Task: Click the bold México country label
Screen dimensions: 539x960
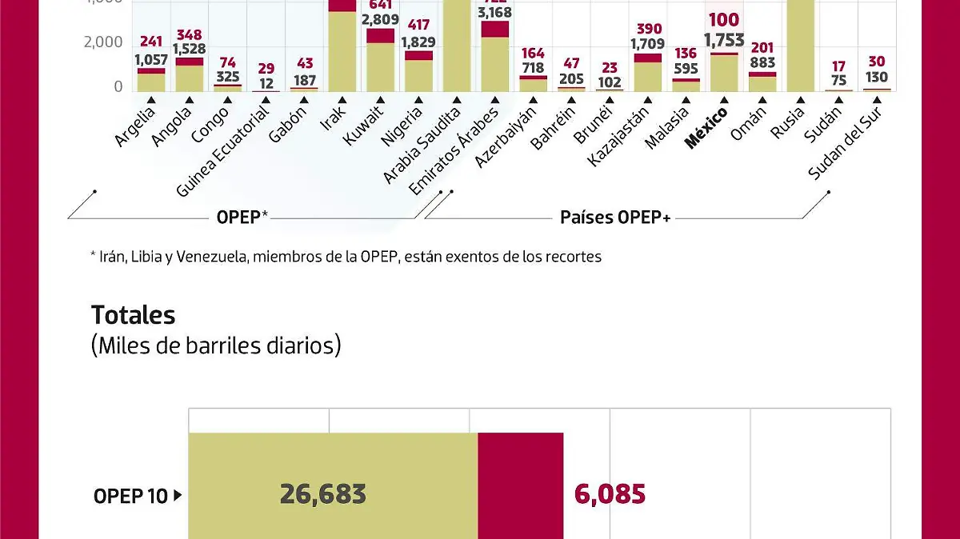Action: [706, 128]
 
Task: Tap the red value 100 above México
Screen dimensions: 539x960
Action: [724, 20]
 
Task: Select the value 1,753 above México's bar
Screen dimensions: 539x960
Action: [724, 40]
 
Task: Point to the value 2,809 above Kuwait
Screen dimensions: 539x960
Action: [381, 19]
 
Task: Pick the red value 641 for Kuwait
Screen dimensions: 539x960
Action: [381, 4]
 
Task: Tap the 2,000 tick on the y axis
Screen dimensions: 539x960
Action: [103, 42]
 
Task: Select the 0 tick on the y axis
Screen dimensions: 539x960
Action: [118, 86]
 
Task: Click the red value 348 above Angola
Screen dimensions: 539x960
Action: [190, 34]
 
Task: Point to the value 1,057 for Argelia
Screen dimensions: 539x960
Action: [150, 59]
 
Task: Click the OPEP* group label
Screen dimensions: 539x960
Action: [242, 217]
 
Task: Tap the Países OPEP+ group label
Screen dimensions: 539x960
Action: [614, 217]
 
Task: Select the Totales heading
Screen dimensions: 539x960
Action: [133, 314]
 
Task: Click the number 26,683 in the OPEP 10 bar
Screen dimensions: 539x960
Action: [322, 494]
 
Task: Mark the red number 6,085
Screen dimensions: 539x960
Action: [610, 494]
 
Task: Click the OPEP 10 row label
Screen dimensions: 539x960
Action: [131, 496]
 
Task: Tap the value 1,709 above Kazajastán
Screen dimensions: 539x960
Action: [647, 44]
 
